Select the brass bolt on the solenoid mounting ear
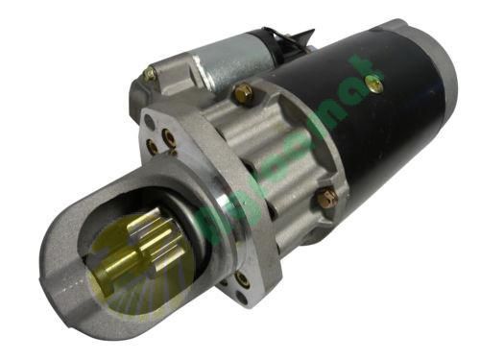point(150,74)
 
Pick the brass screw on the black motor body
point(375,84)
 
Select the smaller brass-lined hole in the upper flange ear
point(152,147)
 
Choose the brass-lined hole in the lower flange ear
point(241,279)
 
